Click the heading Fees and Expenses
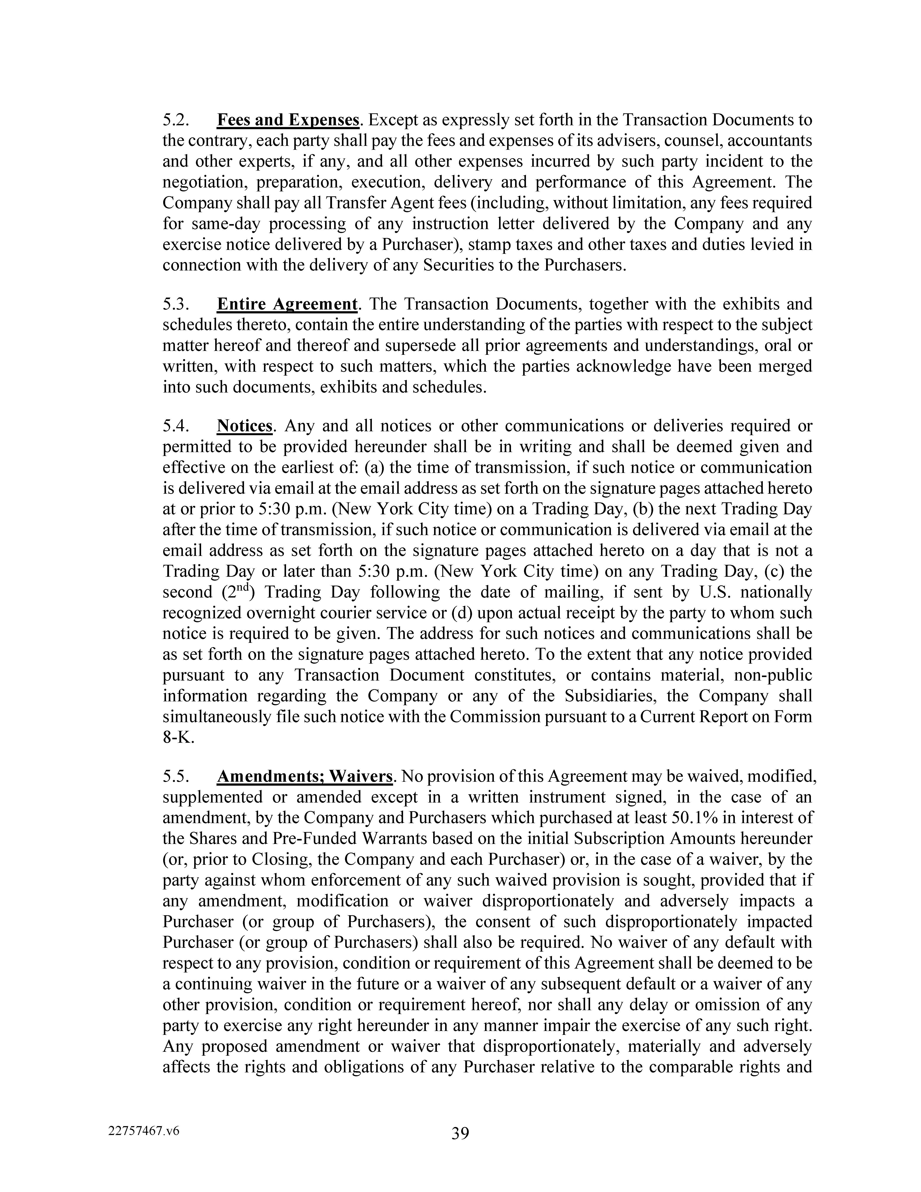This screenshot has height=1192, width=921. (x=288, y=120)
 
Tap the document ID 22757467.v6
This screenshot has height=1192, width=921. (x=144, y=1131)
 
